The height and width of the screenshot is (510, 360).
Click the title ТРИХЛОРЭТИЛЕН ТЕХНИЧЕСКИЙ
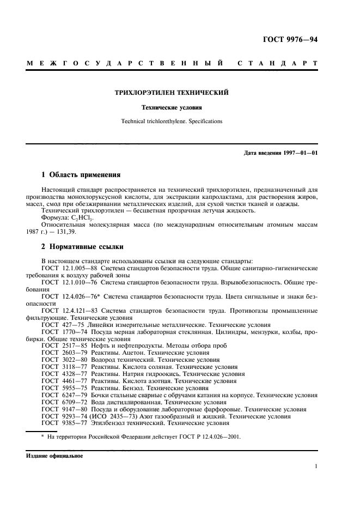(171, 93)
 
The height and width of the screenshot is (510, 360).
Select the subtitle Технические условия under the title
(172, 108)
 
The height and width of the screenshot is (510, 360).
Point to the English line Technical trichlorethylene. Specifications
(172, 122)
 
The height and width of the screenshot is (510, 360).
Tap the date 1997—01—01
(299, 153)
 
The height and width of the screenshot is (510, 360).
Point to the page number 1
(316, 466)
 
